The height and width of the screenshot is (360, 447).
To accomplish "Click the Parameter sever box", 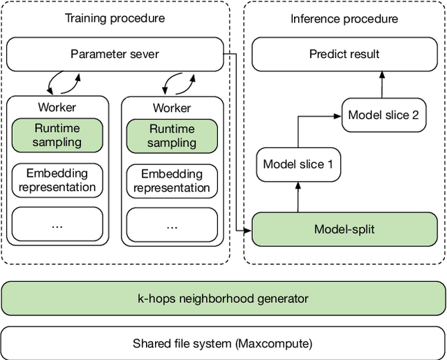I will tap(115, 54).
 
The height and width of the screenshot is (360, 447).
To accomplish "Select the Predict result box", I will tap(344, 54).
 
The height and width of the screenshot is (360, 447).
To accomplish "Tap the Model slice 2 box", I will tap(383, 115).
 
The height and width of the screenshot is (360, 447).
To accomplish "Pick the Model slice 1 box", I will tap(298, 164).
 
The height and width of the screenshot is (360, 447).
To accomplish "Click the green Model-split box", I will tap(344, 229).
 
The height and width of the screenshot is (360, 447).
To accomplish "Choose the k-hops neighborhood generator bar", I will tap(222, 298).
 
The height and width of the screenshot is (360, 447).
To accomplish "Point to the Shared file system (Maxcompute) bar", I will tap(222, 343).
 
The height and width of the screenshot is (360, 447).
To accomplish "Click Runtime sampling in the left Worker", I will tap(57, 136).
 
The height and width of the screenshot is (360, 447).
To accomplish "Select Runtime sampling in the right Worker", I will tap(172, 136).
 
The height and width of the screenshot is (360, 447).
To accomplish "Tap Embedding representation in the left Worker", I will tap(57, 180).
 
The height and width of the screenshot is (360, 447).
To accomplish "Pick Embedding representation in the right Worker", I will tap(172, 180).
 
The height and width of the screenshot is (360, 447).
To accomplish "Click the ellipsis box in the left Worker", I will tap(57, 226).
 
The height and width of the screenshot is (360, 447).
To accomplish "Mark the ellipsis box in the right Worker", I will tap(172, 226).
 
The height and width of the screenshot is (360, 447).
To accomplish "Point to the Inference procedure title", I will tap(344, 19).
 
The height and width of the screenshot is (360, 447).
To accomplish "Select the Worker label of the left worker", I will tap(57, 108).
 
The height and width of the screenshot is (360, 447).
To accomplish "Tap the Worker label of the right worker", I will tap(172, 108).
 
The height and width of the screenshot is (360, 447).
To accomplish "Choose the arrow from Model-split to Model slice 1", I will tap(298, 197).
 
